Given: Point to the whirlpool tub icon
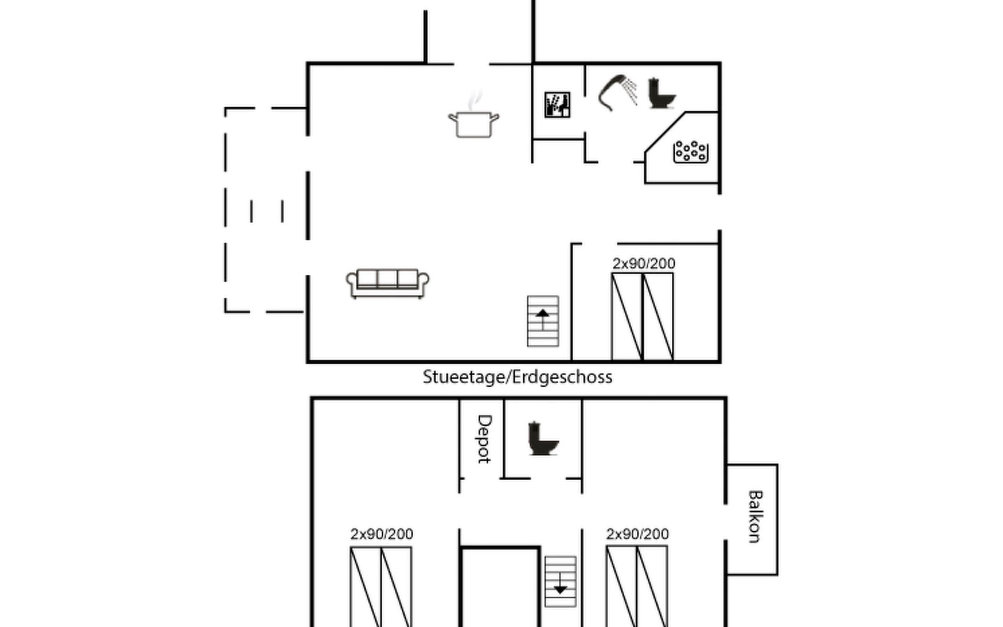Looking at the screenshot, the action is pos(691,152).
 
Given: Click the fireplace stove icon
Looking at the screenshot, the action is pos(557,104).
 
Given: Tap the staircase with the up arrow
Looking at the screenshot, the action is pos(543,321).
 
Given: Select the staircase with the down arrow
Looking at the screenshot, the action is pos(560,582).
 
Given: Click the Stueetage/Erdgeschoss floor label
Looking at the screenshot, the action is pos(517,377).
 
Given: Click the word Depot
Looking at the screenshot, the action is pos(484,439).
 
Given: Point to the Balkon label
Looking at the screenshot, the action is pos(755,516).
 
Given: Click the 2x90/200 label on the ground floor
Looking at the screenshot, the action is pos(644,263).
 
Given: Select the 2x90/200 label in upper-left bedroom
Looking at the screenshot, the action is pos(382,534).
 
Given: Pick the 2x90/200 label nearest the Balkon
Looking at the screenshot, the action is pos(637,534).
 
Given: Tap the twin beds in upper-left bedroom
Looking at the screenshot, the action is pos(381,587).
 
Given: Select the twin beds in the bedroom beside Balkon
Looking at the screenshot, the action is pos(637,586).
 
